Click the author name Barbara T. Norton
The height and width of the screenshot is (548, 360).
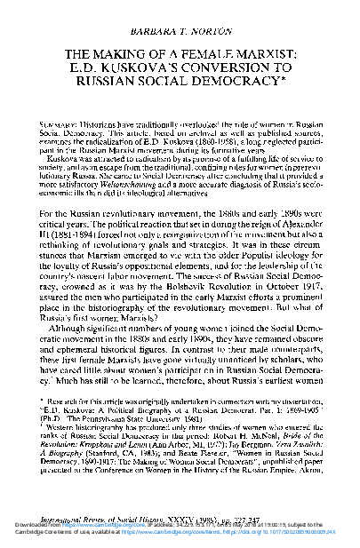pyautogui.click(x=180, y=15)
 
